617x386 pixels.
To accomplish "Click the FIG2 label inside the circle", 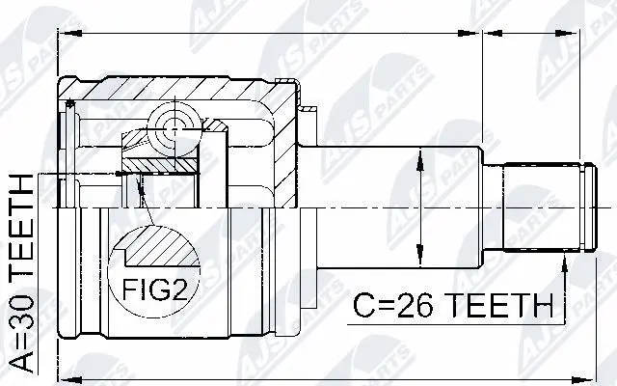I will pos(151,289).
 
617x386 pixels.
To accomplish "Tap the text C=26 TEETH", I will pos(451,306).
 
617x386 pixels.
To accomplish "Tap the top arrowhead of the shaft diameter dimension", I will pos(419,156).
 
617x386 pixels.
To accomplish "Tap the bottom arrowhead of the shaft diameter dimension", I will pos(419,259).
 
